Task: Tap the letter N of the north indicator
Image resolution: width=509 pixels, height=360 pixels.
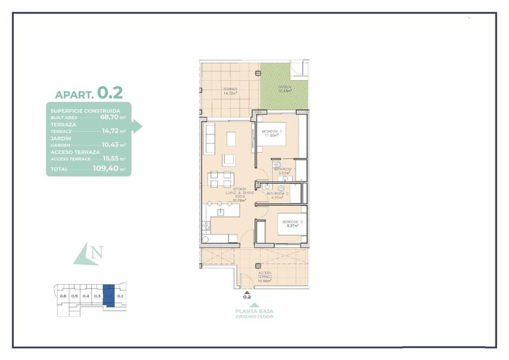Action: coord(96,253)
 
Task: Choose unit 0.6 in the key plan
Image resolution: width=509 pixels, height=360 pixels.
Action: coord(62,296)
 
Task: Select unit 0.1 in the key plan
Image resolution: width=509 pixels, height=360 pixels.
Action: coord(120,296)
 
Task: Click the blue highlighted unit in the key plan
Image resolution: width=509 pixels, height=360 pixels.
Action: coord(109,296)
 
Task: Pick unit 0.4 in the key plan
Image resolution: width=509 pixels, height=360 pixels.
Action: coord(85,296)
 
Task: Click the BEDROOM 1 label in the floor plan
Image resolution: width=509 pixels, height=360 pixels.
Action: coord(272,133)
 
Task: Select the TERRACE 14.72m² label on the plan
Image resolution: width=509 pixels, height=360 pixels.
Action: coord(230,90)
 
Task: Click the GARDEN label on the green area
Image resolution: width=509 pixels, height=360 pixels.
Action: coord(284,89)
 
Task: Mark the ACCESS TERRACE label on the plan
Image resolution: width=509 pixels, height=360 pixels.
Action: coord(264,276)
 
